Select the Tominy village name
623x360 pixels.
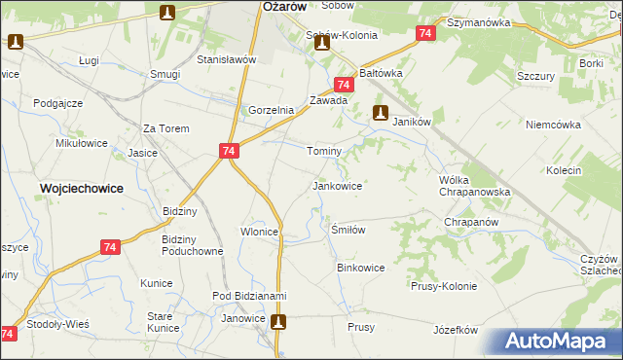point(324,152)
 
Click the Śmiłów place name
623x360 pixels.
point(348,230)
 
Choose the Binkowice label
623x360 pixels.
point(360,267)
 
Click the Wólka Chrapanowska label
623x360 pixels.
point(475,186)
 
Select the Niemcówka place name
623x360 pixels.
point(552,126)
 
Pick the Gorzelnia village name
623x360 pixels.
point(272,110)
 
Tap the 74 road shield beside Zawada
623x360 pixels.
point(343,86)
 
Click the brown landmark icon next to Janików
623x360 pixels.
point(382,112)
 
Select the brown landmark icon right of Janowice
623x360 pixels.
point(279,321)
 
